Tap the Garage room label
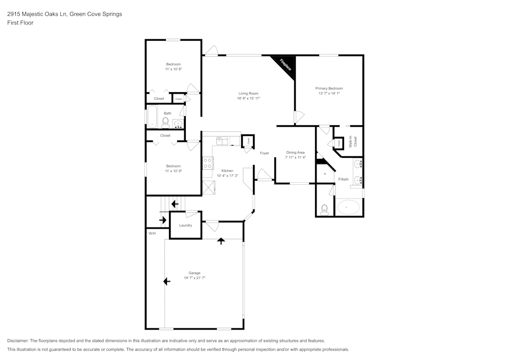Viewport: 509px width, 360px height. tap(194, 273)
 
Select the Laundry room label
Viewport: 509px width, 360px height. tap(185, 225)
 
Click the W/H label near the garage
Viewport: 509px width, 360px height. tap(152, 233)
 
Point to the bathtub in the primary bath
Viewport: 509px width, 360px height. tap(348, 208)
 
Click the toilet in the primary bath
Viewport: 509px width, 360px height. tap(324, 208)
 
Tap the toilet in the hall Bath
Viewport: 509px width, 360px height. tap(165, 122)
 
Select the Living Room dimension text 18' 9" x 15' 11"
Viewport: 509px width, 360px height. tap(248, 98)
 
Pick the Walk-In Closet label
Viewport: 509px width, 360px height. tap(352, 142)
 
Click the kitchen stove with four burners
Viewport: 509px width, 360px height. tap(208, 163)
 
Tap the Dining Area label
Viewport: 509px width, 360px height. tap(295, 153)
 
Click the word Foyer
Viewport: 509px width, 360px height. tap(264, 153)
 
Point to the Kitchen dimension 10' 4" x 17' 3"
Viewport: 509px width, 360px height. tap(227, 176)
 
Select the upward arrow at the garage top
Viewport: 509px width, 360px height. tap(221, 240)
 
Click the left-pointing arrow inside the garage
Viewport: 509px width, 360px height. tap(166, 281)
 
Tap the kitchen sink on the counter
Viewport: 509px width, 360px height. tap(221, 139)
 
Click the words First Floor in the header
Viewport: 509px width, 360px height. tap(20, 23)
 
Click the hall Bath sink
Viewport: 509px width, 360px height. tap(178, 123)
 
